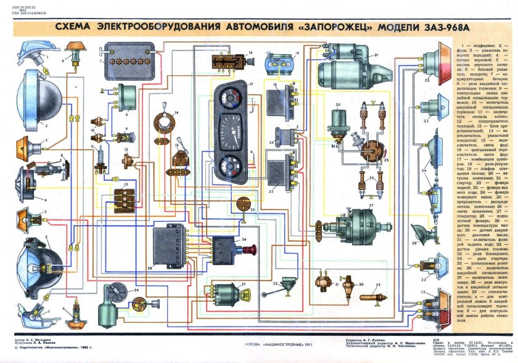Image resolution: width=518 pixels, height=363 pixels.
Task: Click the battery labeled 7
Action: tap(130, 62)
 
